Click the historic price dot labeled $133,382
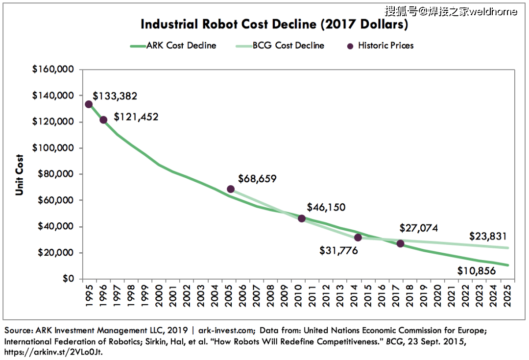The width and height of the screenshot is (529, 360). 89,104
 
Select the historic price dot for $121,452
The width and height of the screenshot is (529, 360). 103,120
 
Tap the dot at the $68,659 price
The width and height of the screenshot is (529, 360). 231,189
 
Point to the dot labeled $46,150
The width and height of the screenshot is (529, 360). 302,218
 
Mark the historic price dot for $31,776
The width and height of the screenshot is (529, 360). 358,238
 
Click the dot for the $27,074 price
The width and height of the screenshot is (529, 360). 401,243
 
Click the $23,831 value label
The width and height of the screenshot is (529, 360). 488,236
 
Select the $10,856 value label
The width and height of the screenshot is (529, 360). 477,271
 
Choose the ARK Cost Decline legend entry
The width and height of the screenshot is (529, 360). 173,46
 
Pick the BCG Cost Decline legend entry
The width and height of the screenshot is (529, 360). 280,46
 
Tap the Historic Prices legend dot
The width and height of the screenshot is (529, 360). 350,46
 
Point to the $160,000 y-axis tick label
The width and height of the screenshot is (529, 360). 53,69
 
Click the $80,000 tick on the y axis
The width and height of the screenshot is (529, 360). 56,174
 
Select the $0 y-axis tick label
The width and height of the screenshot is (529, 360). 68,279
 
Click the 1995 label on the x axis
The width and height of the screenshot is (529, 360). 89,295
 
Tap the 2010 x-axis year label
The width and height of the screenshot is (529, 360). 298,295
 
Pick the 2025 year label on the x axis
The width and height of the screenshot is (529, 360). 507,295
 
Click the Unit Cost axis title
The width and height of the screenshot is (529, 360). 20,175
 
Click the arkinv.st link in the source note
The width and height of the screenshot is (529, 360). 53,352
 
